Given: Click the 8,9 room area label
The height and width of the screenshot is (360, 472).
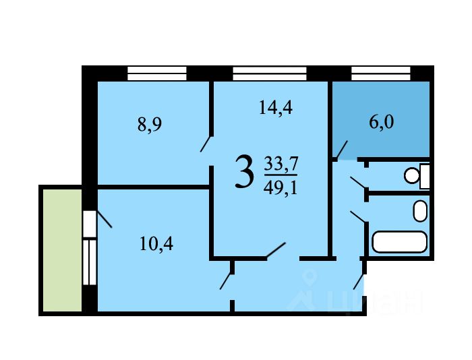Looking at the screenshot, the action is [x=150, y=125].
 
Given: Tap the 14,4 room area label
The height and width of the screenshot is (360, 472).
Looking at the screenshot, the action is [x=276, y=107].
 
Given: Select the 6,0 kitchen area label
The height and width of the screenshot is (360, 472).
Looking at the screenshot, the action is [x=382, y=122].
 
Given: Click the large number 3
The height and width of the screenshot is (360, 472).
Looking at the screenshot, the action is [x=244, y=171].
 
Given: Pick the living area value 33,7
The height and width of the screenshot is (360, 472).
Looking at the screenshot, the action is [x=281, y=164].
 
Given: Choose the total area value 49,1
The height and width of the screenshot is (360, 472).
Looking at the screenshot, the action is [x=281, y=189].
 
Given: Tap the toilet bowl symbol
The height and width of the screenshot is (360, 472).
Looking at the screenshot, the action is [x=417, y=176].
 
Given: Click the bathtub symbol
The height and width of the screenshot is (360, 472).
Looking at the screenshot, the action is [x=400, y=242].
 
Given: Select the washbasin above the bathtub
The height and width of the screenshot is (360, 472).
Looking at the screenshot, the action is [x=420, y=211].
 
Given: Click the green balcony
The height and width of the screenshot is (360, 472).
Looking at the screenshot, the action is [x=62, y=250].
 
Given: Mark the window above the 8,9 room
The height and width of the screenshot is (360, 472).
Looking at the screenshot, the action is [x=157, y=73].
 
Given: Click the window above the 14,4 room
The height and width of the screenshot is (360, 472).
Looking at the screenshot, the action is [x=270, y=73].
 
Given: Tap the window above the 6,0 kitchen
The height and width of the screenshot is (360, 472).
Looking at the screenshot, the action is [x=381, y=73].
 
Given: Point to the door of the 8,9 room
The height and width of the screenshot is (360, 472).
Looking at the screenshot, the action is [x=207, y=144].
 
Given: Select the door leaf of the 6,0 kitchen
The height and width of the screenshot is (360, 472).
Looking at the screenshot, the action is [x=342, y=150].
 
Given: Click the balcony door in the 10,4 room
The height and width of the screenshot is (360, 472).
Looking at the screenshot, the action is [x=104, y=219].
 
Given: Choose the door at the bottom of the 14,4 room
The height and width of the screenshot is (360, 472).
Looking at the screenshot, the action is [x=275, y=250].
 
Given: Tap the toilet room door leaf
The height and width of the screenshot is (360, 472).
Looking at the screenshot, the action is [x=359, y=183].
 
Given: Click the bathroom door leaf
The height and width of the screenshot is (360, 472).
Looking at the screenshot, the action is [x=359, y=217].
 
